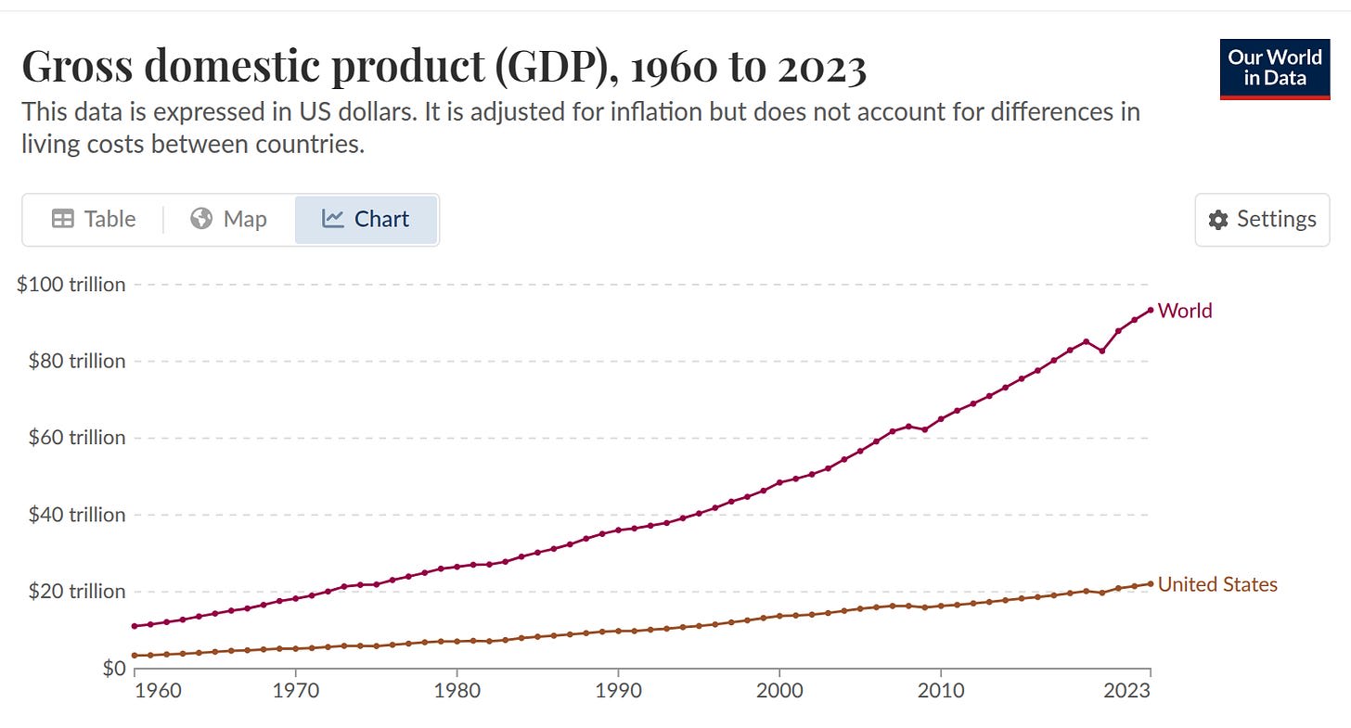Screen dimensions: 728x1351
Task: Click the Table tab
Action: [x=94, y=220]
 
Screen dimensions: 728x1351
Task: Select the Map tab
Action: [x=228, y=220]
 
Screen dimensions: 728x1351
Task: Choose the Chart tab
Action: [x=366, y=220]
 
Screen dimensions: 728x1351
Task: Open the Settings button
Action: [x=1262, y=220]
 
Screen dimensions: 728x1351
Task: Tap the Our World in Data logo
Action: [x=1274, y=69]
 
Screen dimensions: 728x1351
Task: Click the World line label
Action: [x=1185, y=311]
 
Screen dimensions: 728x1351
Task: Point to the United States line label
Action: [x=1217, y=584]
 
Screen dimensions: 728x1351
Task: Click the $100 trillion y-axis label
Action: [x=71, y=285]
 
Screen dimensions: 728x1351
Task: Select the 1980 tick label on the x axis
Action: [x=457, y=690]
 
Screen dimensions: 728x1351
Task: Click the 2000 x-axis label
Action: [x=779, y=690]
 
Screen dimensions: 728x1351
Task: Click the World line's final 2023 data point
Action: [x=1151, y=310]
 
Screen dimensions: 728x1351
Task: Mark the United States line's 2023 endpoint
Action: [x=1151, y=583]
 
